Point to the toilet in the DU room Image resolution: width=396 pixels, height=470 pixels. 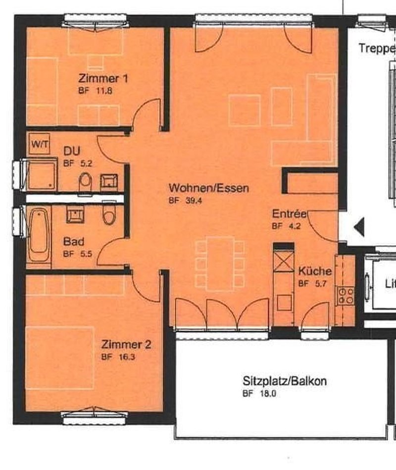point(85,182)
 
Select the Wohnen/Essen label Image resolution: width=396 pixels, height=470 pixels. point(208,188)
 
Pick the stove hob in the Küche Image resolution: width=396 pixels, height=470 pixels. point(346,296)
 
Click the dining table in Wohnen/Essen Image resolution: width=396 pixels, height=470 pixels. point(220,263)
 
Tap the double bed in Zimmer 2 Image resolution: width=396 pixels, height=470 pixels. point(60,357)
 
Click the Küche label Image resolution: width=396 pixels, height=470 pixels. point(314,272)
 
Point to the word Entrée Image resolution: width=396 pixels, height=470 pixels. point(290,214)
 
